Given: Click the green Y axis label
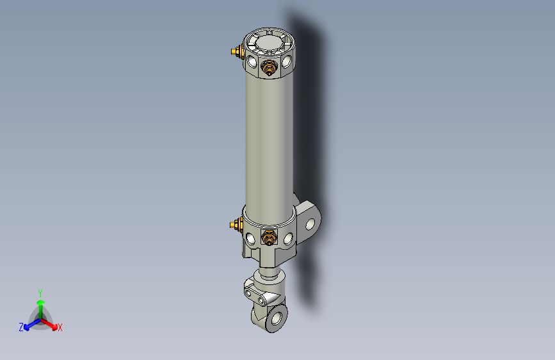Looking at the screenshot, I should point(40,292).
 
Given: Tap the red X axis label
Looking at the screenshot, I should point(60,328).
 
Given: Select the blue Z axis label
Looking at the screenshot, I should point(20,327).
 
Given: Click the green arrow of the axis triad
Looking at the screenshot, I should point(40,306).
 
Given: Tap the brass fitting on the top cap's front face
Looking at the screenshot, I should point(269,67).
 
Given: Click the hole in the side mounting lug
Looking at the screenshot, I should point(313,225).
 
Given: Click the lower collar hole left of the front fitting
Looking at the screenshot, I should point(251,239).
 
